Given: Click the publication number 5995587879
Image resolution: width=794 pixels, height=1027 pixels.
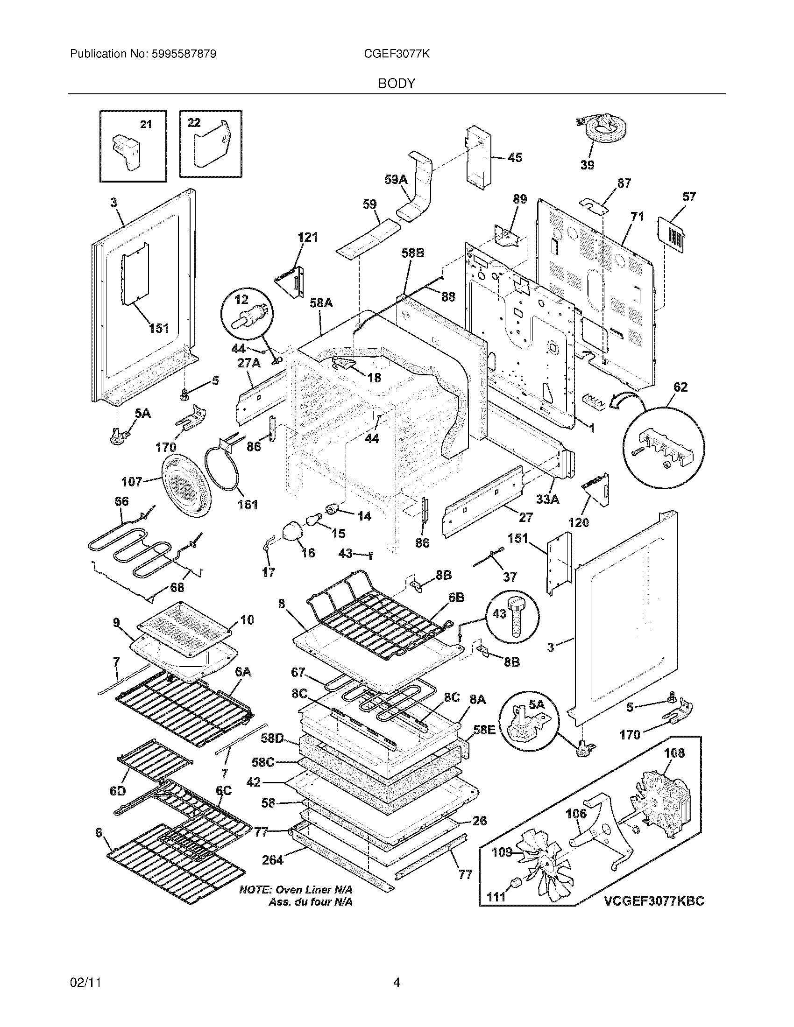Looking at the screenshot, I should [184, 54].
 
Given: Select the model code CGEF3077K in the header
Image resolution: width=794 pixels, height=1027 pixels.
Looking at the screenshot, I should [397, 54].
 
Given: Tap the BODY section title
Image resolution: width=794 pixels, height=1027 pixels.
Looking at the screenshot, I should [397, 84].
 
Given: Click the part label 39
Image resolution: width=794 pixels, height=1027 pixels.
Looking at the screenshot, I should [587, 165].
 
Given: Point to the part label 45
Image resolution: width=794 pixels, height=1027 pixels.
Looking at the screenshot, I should [515, 157].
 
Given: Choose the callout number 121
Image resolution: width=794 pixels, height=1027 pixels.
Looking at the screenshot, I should [308, 238].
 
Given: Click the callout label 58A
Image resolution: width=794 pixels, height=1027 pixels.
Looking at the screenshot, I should [321, 303].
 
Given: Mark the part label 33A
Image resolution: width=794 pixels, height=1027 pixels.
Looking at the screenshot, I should [548, 499].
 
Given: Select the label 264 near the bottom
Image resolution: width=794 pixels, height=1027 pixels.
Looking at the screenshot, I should [273, 860].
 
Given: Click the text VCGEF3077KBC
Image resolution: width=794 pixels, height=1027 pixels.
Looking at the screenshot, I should [653, 901].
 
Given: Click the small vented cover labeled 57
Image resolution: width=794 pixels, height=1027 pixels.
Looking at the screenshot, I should [671, 233].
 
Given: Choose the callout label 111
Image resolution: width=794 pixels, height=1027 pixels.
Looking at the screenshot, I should [496, 897].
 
